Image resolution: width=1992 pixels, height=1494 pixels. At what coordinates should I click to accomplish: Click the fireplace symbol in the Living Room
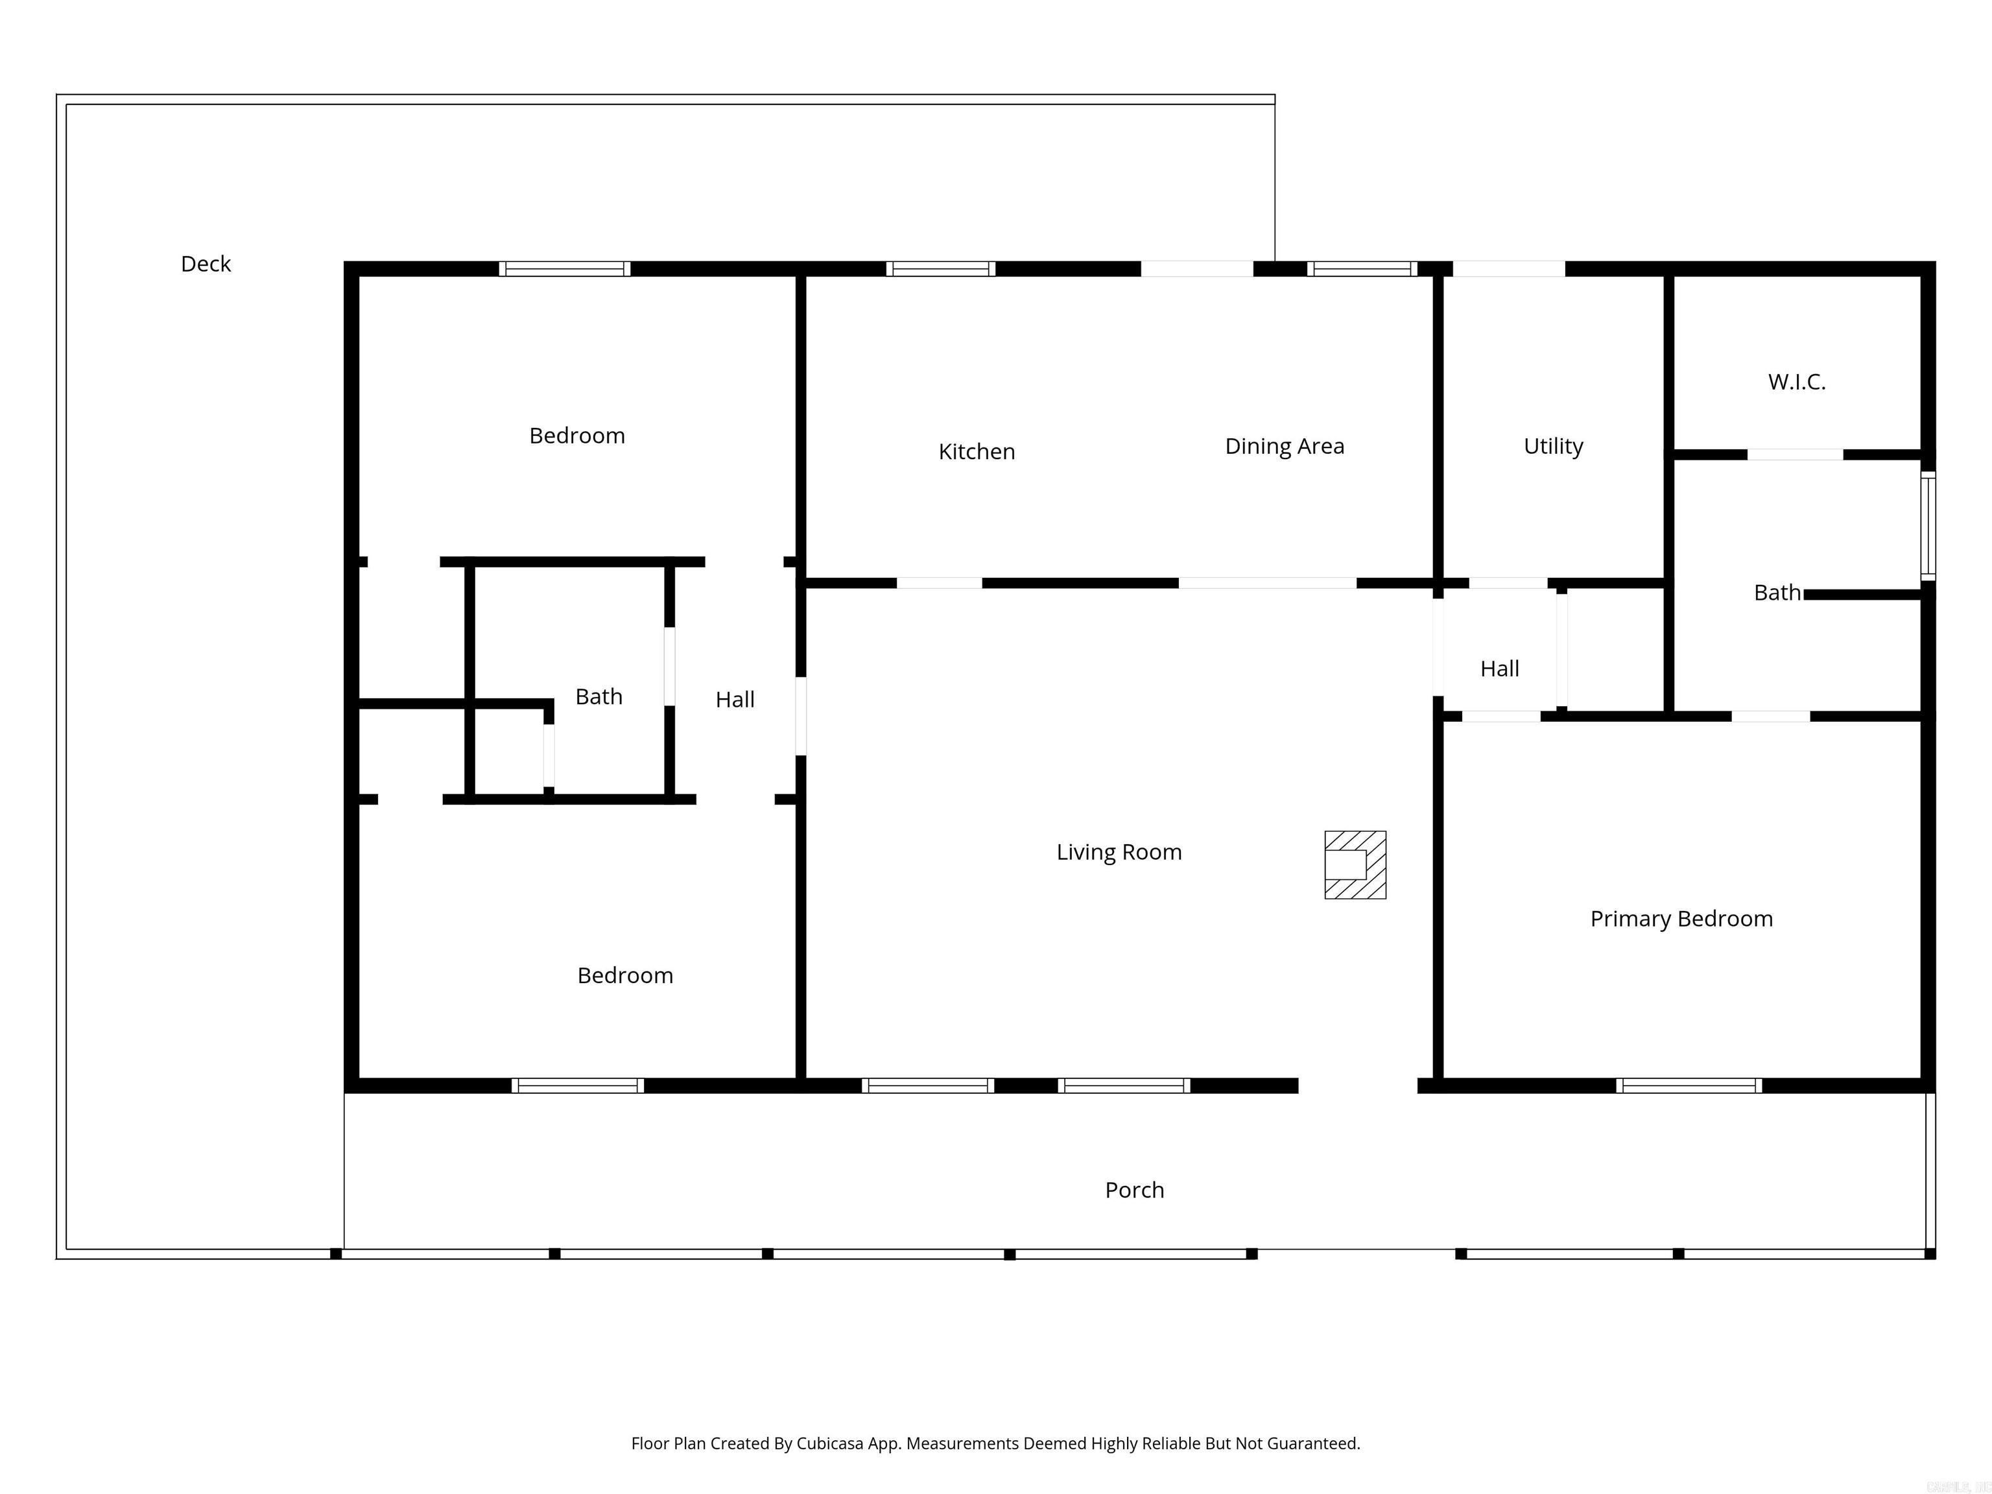click(1355, 864)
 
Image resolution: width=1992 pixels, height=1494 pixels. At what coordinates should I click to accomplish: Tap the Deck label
click(206, 264)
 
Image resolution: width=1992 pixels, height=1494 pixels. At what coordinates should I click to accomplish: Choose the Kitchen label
click(976, 451)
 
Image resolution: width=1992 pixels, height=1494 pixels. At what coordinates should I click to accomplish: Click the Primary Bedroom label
click(1680, 919)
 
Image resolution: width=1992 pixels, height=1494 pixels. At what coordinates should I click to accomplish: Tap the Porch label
click(1133, 1190)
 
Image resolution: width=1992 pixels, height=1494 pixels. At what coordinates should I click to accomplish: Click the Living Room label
click(1119, 852)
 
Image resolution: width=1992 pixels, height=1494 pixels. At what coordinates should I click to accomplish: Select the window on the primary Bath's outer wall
click(1927, 525)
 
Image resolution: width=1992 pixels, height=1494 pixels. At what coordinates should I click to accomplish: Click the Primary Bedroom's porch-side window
click(1689, 1085)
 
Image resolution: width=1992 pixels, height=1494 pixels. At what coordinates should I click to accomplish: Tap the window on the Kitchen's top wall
click(940, 268)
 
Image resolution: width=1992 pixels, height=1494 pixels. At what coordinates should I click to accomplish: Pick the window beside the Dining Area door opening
click(1362, 268)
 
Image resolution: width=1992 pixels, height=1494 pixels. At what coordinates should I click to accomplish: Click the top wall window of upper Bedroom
click(565, 268)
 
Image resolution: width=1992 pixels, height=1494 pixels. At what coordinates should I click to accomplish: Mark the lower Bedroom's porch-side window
click(577, 1085)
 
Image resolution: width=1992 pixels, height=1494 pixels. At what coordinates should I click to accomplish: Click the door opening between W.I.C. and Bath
click(1795, 455)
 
